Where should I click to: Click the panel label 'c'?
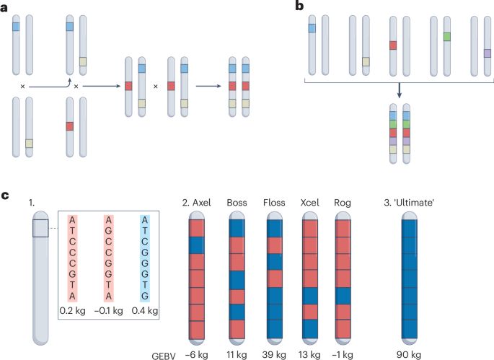[x=6, y=194]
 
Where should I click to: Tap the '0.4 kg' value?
[x=144, y=311]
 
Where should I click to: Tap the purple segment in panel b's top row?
[x=488, y=53]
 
